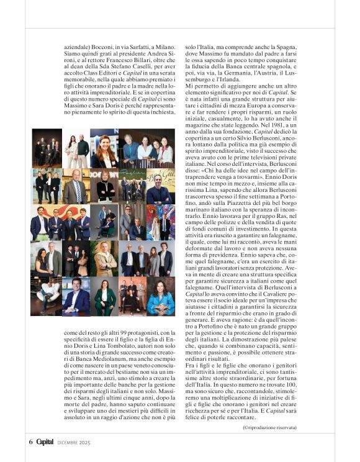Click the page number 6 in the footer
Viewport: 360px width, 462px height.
[30, 442]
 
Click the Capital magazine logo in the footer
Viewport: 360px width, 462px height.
[45, 442]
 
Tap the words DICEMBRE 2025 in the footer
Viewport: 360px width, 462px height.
[74, 442]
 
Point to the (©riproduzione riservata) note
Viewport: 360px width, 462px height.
[269, 427]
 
